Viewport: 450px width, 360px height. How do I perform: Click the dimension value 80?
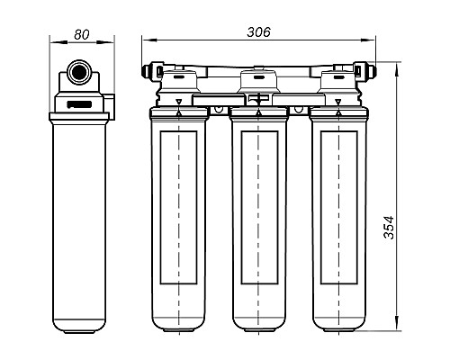pyautogui.click(x=82, y=34)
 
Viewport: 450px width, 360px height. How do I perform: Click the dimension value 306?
pyautogui.click(x=258, y=31)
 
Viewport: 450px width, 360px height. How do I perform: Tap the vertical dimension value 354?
pyautogui.click(x=389, y=227)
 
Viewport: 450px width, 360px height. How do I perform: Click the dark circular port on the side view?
pyautogui.click(x=79, y=73)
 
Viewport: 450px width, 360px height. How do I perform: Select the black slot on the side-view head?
pyautogui.click(x=79, y=104)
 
